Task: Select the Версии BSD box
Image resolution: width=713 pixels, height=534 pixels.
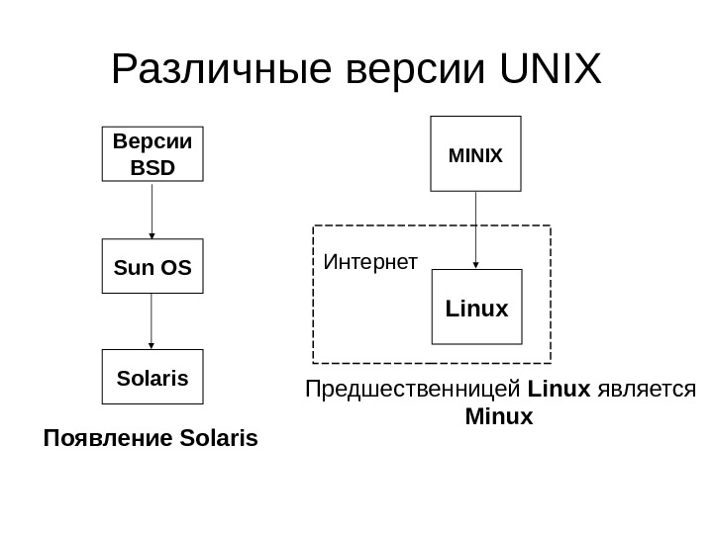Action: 152,153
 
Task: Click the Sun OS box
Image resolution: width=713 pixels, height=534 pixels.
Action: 152,267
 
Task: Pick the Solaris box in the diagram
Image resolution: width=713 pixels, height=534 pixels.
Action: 152,378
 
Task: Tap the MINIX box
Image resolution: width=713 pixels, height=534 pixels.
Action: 476,154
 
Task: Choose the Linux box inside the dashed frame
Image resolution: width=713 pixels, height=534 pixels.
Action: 476,308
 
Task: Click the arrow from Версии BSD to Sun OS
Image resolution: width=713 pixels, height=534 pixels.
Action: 152,210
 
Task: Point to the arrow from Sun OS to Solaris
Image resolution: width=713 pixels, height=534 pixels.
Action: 152,321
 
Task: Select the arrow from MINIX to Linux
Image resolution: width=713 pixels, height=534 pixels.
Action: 476,229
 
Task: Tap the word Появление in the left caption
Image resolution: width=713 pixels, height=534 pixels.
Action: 97,436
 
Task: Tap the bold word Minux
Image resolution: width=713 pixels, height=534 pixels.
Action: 498,417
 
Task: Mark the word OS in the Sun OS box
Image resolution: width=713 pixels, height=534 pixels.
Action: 175,267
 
